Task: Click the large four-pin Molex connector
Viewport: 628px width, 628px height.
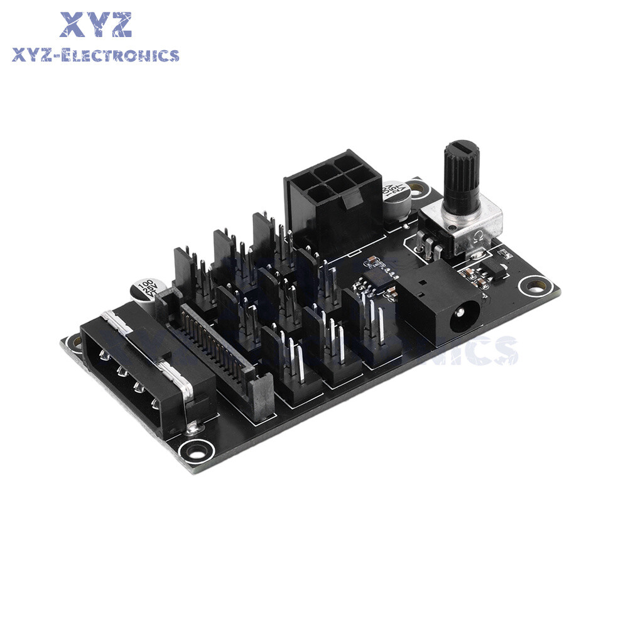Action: tap(144, 371)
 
